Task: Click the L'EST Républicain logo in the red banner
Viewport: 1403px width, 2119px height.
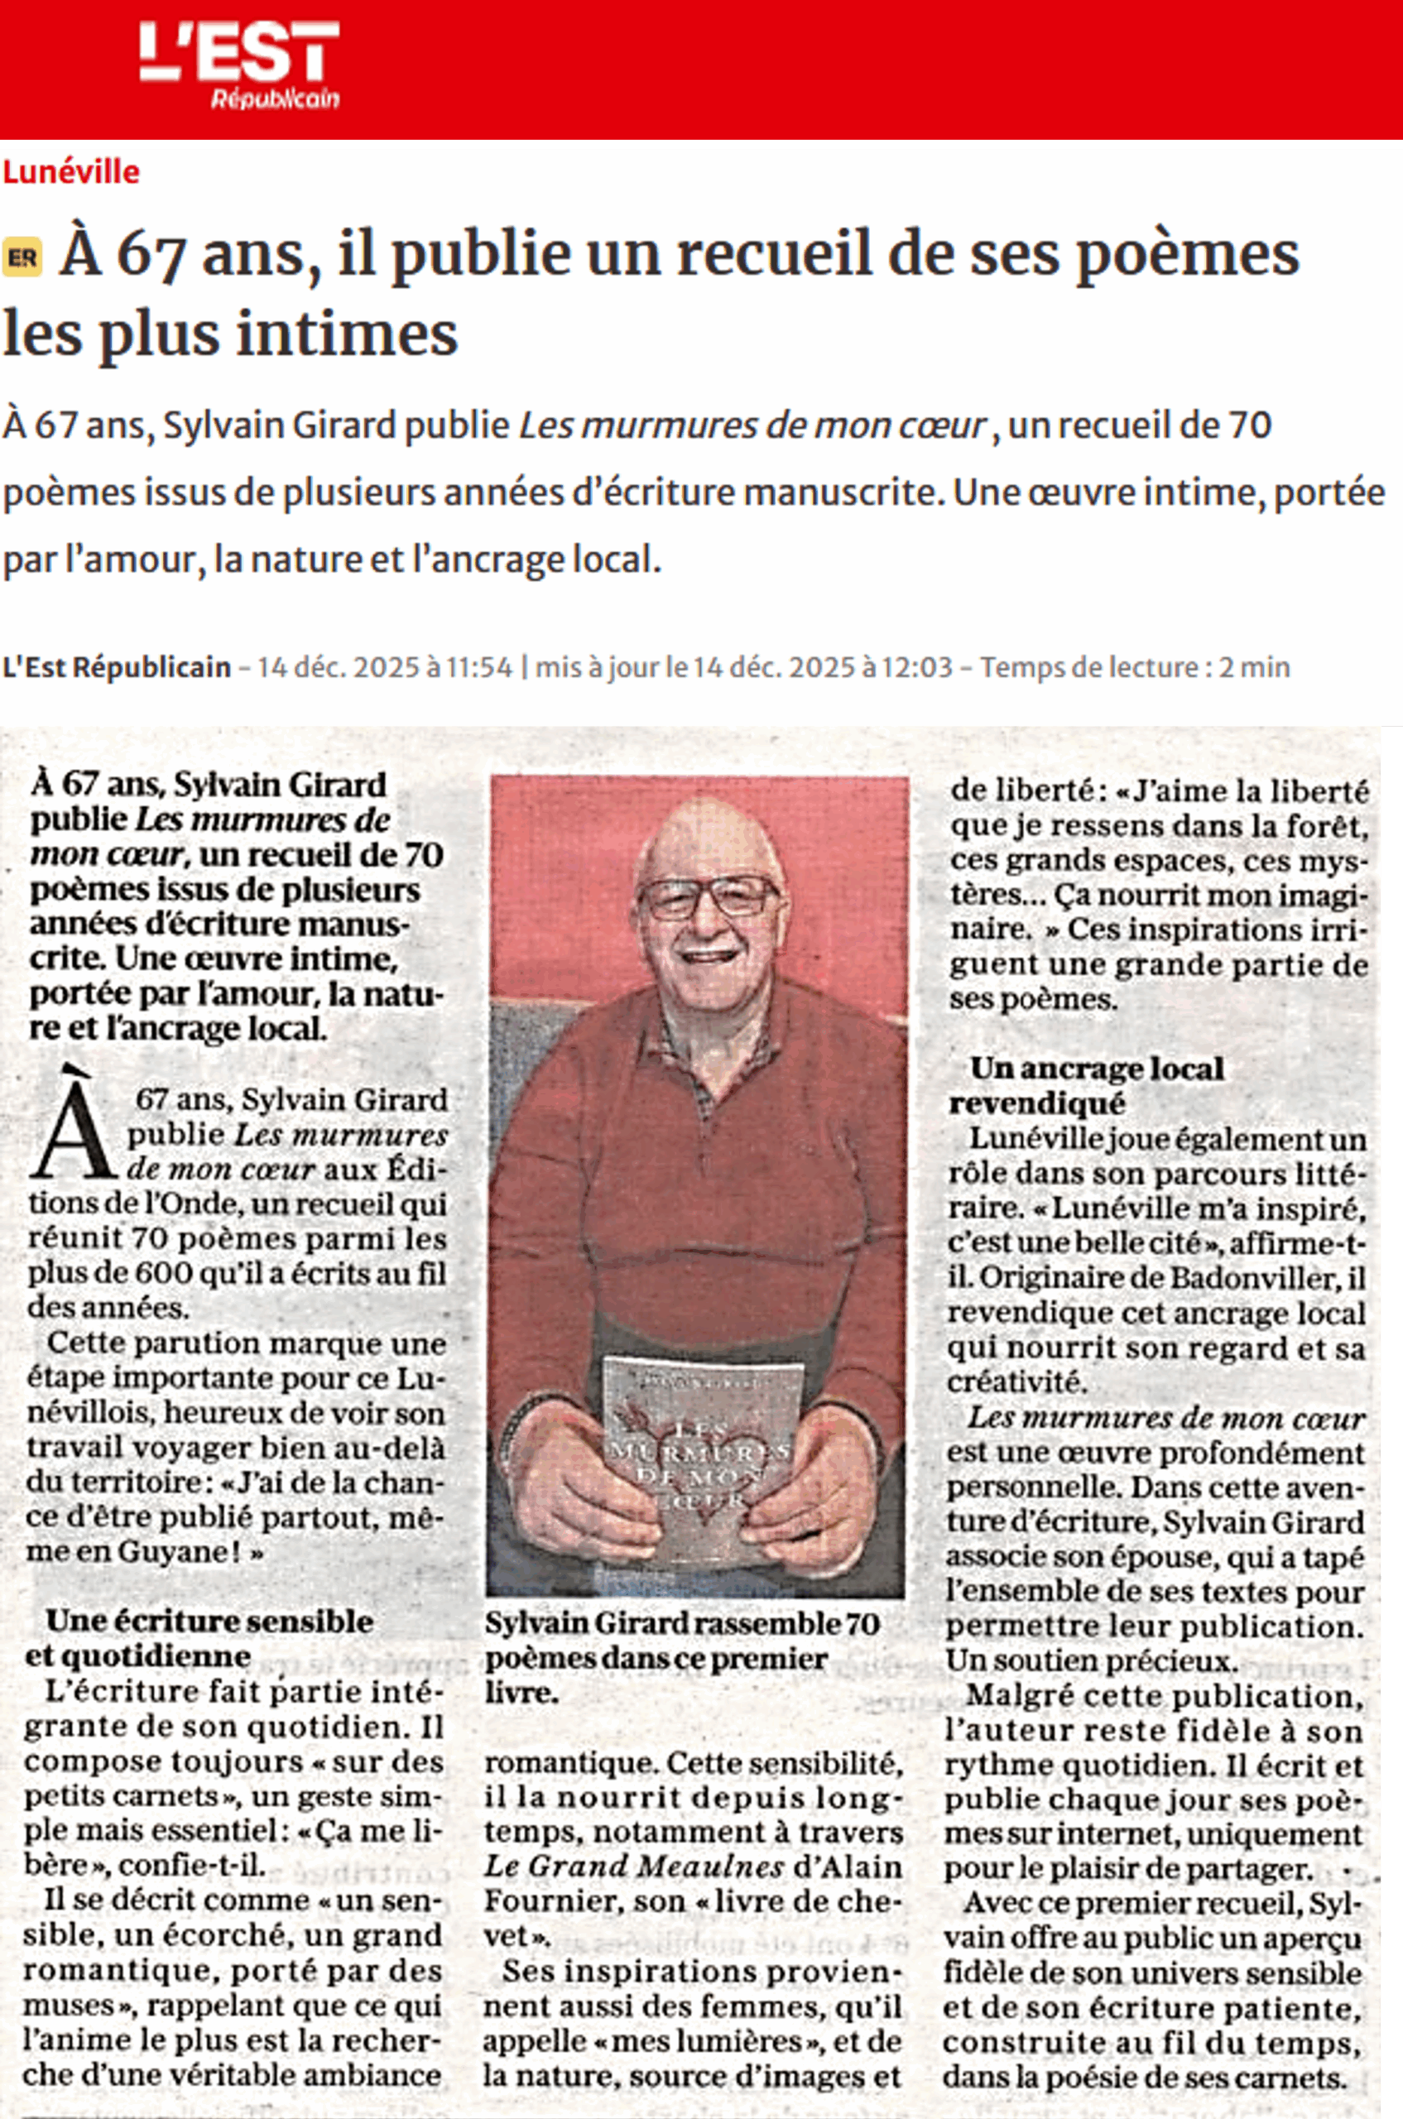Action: (x=239, y=65)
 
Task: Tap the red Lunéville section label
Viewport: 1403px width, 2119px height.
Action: (x=71, y=172)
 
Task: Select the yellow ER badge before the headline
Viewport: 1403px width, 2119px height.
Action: (x=22, y=258)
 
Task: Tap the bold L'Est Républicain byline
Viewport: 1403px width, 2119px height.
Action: (x=117, y=667)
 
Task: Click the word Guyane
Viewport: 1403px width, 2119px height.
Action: (x=177, y=1551)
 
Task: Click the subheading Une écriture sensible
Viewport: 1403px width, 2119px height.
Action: (x=209, y=1621)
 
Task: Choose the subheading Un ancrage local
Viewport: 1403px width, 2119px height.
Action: (x=1096, y=1069)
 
